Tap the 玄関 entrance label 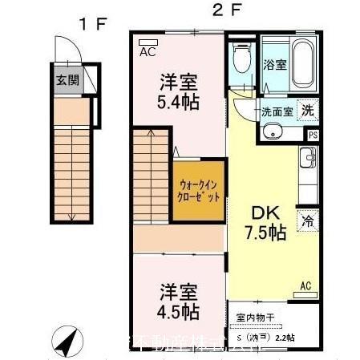click(67, 80)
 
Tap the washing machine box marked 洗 click(308, 111)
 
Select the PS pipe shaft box click(313, 136)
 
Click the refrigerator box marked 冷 click(307, 219)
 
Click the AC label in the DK click(305, 285)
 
